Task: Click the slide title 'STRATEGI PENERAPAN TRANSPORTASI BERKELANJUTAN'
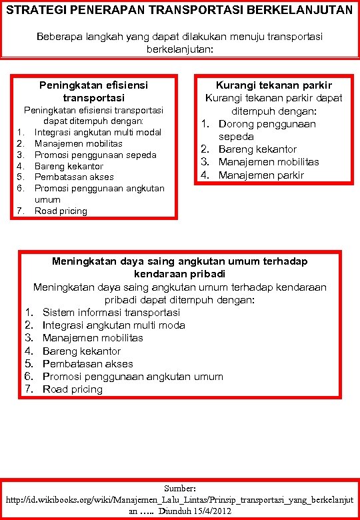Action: point(179,10)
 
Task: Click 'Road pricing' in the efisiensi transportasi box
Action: point(61,211)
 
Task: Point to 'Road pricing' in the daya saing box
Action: point(73,389)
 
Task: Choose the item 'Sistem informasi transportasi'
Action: point(111,312)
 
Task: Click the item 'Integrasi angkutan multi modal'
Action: point(98,132)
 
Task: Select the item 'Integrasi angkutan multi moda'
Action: point(114,325)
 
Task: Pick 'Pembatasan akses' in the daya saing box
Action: point(87,364)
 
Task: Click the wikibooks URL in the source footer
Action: point(179,499)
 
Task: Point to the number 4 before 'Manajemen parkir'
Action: point(206,175)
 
